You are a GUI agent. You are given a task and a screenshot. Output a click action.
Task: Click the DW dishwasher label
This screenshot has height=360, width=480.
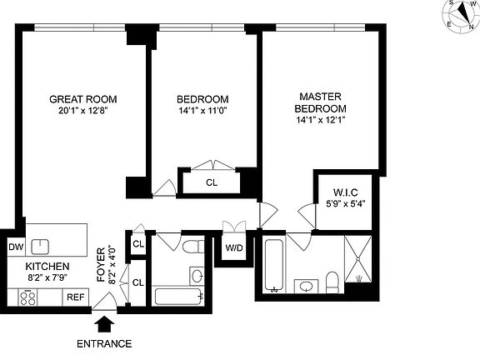point(16,247)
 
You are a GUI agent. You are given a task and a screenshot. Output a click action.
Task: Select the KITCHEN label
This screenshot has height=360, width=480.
point(36,267)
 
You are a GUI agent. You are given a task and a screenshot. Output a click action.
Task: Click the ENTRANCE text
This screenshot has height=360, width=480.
point(104,343)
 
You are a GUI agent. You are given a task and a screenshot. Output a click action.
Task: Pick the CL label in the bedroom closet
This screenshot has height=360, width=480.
point(211,182)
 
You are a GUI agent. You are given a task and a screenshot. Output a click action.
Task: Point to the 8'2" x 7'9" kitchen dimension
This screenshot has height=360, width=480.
point(36,278)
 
